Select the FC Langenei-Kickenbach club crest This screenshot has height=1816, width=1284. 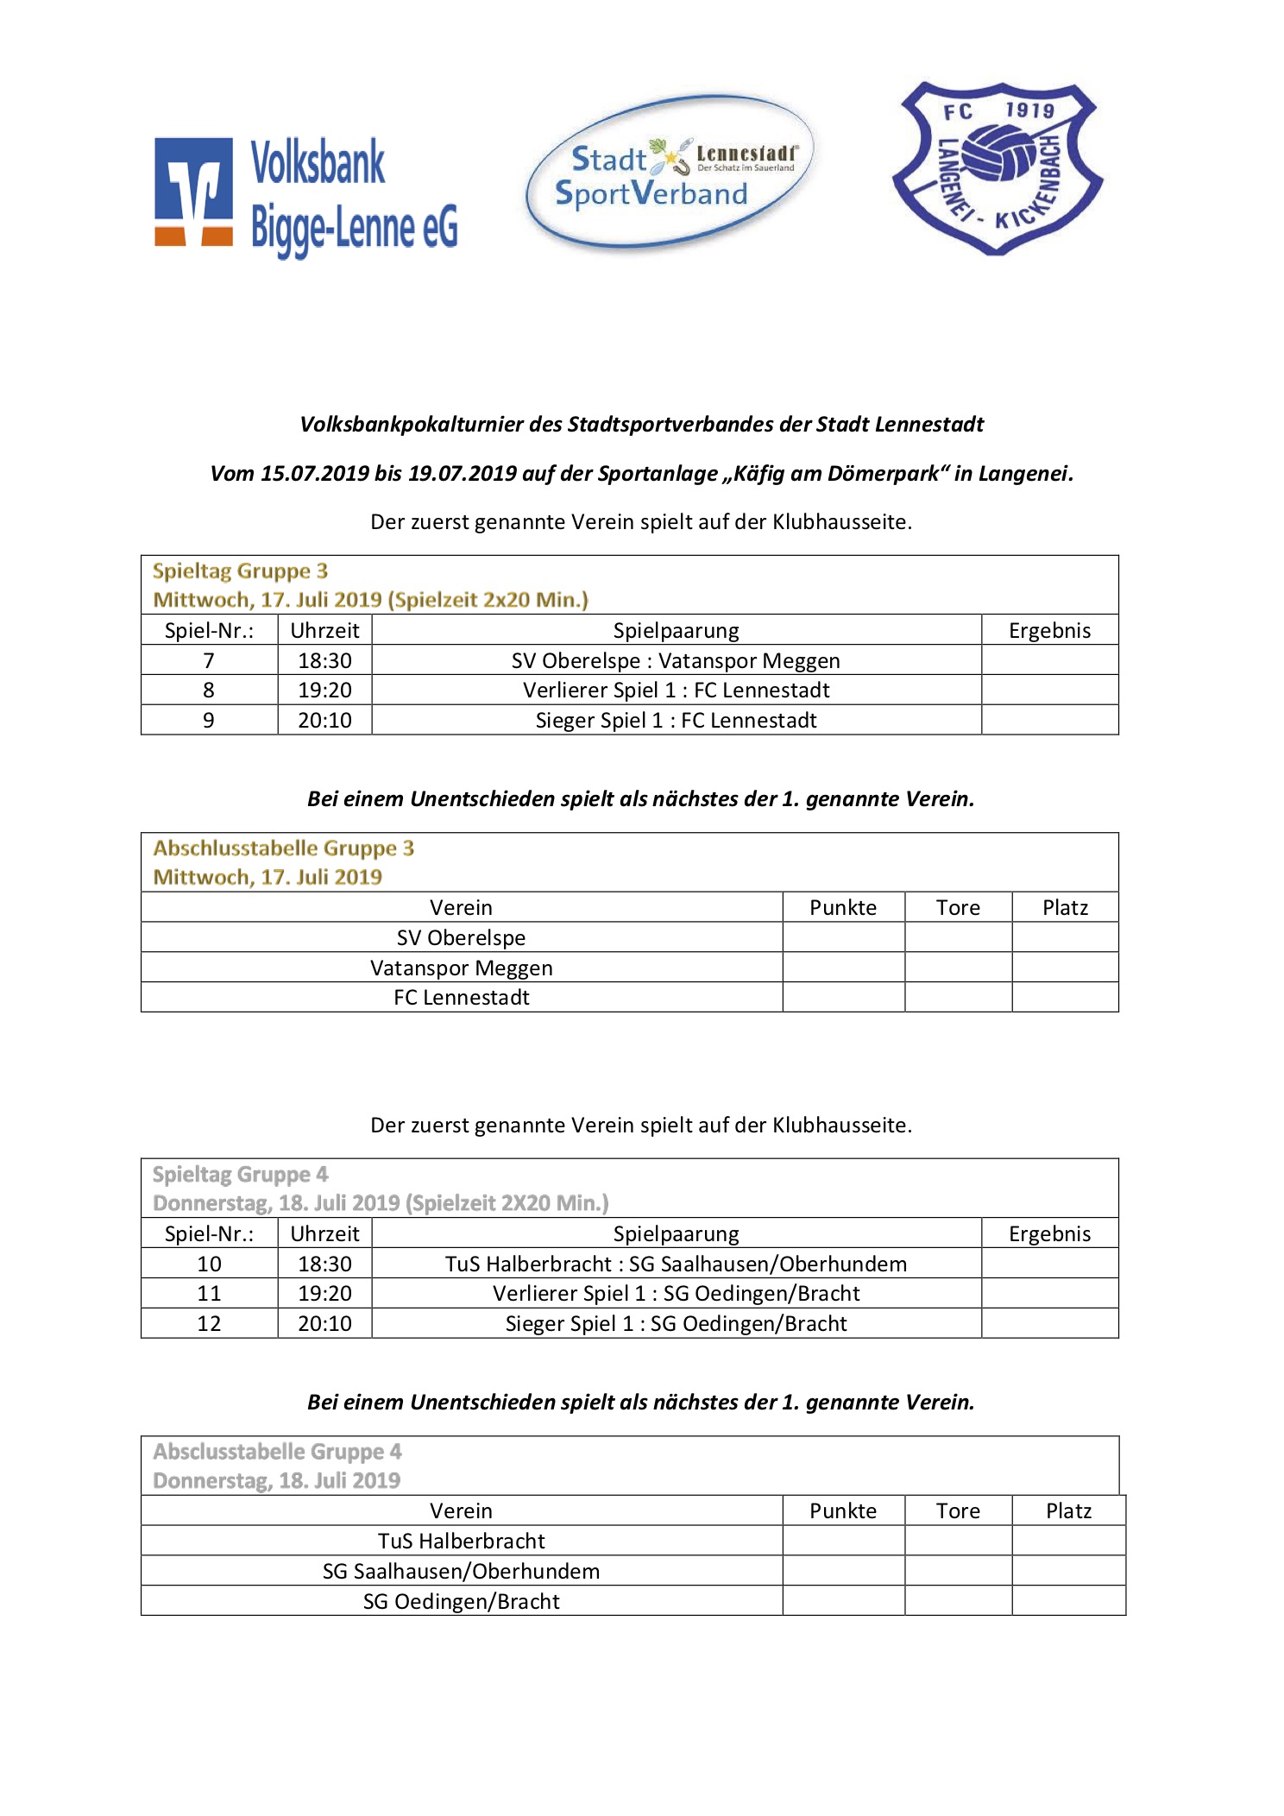997,168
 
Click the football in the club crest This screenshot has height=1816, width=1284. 999,154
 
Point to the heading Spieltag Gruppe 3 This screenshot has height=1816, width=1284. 240,571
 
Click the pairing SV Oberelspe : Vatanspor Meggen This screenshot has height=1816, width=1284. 676,660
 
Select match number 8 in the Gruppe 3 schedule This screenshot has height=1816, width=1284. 209,690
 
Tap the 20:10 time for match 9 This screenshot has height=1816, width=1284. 324,720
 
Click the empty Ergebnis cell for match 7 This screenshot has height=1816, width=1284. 1049,660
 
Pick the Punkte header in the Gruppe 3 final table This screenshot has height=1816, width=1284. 842,907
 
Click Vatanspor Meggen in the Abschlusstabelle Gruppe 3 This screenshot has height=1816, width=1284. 461,968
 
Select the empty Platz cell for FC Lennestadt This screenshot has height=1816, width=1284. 1065,997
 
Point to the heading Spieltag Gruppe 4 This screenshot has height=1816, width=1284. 240,1175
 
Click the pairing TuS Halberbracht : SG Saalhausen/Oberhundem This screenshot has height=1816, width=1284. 676,1264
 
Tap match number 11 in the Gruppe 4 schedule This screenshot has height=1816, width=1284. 209,1293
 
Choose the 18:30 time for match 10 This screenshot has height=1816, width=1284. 324,1264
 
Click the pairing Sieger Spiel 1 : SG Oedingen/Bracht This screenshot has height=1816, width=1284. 676,1323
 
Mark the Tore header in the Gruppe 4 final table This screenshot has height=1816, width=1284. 958,1510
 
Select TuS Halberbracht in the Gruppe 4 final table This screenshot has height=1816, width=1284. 461,1541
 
